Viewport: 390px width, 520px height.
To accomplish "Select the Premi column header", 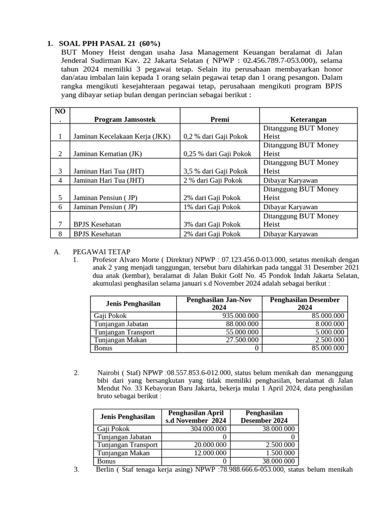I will coord(219,119).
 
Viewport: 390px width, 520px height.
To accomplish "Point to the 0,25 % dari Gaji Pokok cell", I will coord(217,153).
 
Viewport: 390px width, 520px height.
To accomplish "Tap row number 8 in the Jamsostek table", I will coord(60,234).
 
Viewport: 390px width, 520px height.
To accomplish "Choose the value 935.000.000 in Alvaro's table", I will coord(238,315).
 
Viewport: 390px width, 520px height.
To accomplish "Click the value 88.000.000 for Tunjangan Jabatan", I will coord(240,323).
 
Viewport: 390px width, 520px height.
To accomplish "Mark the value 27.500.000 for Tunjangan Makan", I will coord(240,340).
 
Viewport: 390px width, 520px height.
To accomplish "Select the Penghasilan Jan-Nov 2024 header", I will coord(219,304).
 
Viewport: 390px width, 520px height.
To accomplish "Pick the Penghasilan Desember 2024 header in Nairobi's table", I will coord(264,416).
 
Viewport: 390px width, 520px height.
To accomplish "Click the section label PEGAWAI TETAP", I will coord(102,251).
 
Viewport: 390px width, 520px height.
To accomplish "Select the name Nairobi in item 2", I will coord(110,373).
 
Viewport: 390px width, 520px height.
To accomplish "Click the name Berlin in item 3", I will coord(105,469).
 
